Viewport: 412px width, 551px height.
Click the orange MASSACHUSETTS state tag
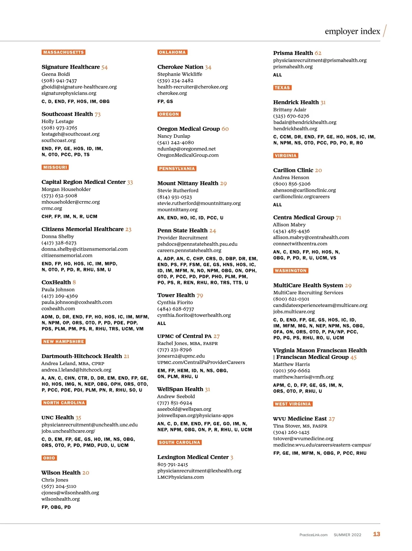64,52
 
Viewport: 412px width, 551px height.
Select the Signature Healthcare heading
71,67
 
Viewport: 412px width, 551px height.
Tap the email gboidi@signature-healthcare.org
79,87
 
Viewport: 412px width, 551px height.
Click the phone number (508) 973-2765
59,128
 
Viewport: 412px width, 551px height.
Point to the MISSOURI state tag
55,167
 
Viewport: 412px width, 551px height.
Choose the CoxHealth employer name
56,282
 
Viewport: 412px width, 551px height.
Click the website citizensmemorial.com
67,255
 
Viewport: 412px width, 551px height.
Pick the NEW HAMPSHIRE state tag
64,341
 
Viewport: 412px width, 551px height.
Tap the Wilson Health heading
61,472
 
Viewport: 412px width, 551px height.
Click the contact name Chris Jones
55,480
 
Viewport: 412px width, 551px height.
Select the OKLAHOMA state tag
172,52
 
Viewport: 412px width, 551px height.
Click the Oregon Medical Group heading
188,129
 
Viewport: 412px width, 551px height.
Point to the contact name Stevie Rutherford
178,190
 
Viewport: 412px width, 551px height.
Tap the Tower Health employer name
176,295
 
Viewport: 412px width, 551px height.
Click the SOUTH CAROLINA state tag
180,442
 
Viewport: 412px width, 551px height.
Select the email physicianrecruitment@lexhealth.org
199,471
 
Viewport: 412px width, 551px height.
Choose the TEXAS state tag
282,87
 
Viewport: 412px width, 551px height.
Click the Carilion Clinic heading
293,170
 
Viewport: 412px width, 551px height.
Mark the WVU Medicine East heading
300,419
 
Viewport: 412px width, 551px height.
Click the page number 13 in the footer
377,534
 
